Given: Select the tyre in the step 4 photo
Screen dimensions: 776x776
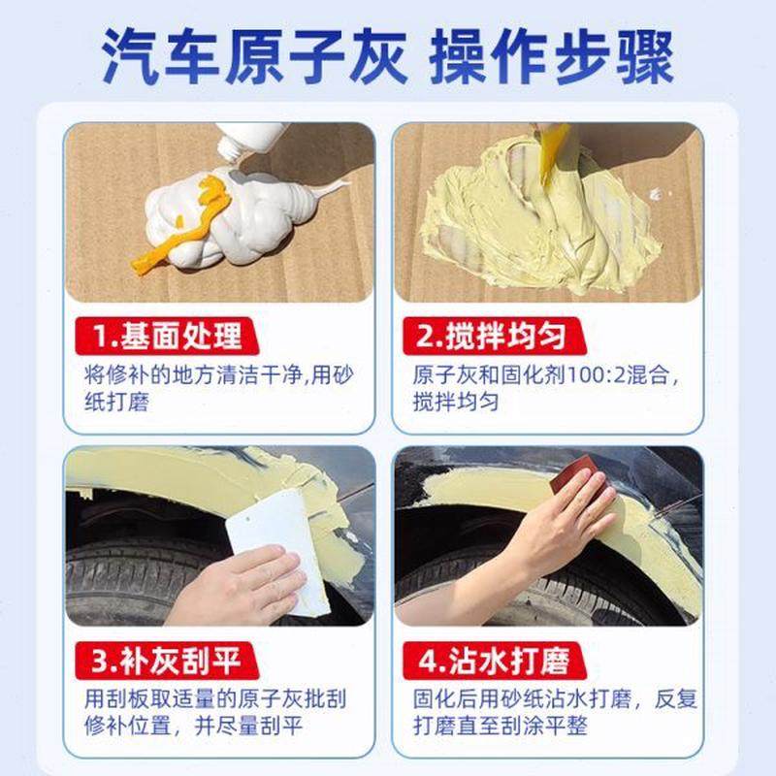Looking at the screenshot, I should click(456, 592).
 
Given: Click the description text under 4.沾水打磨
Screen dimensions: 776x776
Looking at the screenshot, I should click(548, 712).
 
